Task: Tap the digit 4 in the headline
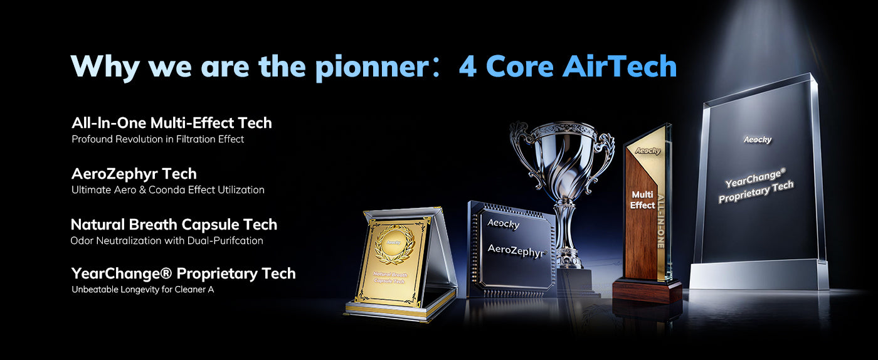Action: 468,66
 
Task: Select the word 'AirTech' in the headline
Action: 620,65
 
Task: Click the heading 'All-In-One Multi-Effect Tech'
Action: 172,123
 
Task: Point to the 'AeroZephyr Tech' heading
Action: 134,174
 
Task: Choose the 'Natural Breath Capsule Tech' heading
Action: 174,225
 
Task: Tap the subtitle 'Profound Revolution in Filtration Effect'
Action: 157,139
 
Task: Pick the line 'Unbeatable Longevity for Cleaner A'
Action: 143,290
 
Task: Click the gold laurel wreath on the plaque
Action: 394,245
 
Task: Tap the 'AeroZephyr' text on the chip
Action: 517,251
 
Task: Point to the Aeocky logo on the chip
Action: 503,224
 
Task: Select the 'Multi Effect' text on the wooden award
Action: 642,200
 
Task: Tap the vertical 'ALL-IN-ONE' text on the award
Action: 660,221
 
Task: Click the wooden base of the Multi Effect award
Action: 647,291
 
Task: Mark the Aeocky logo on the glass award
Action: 758,140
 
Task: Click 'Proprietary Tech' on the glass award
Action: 756,192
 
